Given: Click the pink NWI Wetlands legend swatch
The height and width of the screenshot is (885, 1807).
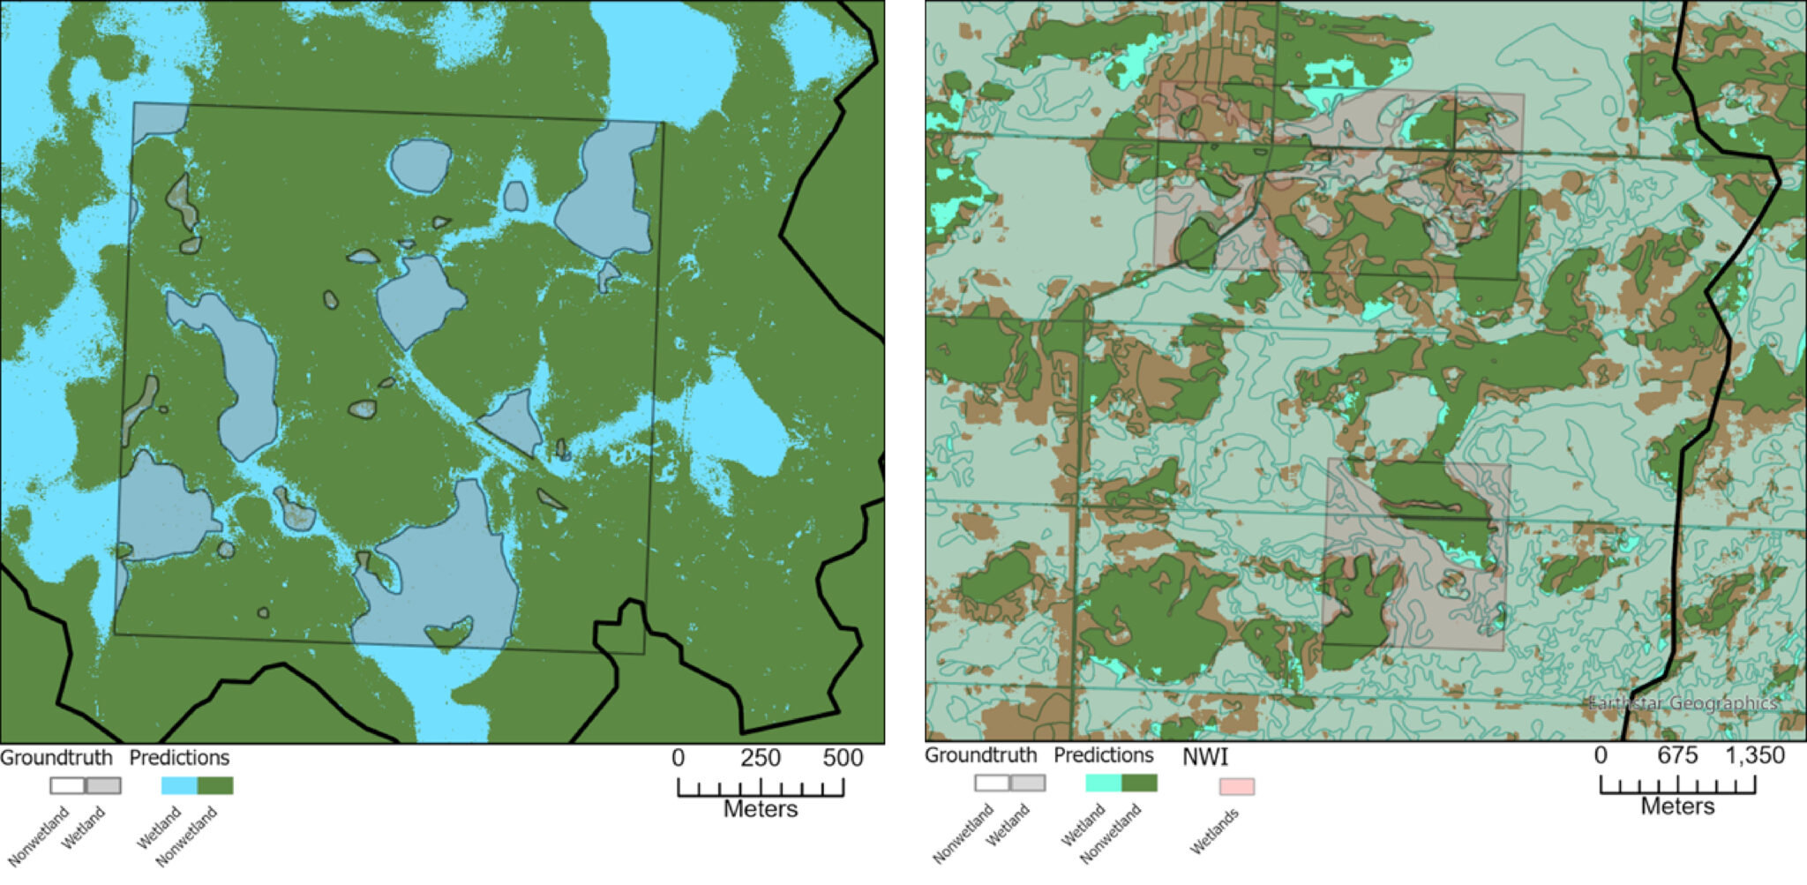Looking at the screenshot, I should coord(1236,786).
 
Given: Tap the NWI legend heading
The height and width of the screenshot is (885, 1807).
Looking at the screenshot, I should coord(1204,756).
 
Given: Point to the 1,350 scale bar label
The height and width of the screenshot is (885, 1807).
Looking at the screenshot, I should coord(1751,755).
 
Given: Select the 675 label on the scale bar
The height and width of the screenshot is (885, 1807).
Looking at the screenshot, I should coord(1677,755).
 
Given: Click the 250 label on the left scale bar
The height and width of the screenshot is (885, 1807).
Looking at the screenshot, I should coord(761,757).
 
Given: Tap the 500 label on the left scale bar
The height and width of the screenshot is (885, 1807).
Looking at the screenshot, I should coord(843,757).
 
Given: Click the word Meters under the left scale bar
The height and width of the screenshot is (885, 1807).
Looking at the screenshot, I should coord(761,809).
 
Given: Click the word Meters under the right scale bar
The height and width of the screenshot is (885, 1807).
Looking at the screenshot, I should coord(1677,806).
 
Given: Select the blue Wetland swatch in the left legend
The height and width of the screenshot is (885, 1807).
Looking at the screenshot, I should coord(179,785).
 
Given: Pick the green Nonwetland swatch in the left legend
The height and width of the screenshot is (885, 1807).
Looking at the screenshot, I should coord(215,785).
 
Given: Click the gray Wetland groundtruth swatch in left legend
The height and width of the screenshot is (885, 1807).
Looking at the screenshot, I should coord(103,785).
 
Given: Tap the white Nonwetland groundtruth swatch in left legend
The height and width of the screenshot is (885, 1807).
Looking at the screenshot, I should coord(67,785).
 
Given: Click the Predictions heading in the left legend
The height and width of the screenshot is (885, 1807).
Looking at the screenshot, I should coord(179,757).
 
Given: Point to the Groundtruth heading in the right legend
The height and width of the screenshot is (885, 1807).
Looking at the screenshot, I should coord(980,755).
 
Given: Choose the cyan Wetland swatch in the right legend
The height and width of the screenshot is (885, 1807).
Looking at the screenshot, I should coord(1103,783).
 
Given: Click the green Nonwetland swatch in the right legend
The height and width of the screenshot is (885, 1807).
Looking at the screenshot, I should coord(1139,783).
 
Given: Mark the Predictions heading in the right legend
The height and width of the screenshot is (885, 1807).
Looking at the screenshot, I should coord(1103,755).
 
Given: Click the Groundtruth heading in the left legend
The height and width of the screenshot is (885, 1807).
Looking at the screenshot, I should coord(56,757).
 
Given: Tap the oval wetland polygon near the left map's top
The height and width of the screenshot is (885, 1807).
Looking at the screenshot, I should coord(420,165).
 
